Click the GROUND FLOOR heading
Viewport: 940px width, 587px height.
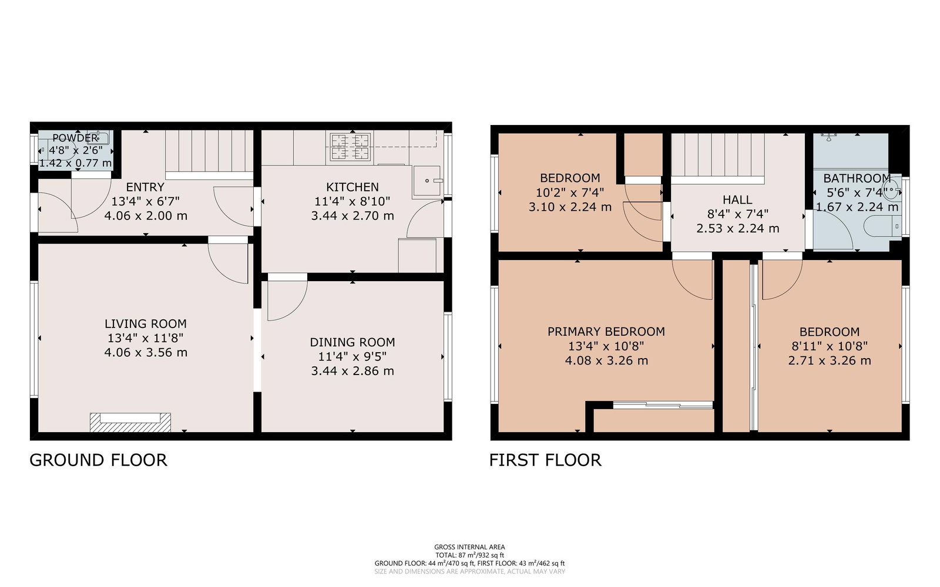[x=98, y=460]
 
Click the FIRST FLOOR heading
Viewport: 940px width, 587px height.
[x=545, y=460]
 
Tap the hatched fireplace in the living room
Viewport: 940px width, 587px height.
[x=130, y=422]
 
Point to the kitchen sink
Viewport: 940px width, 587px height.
[x=427, y=181]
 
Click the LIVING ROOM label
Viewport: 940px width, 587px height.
[x=146, y=323]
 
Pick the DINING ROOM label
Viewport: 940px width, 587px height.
[x=352, y=343]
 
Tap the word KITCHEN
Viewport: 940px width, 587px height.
[x=352, y=187]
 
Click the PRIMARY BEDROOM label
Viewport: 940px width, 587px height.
[x=606, y=332]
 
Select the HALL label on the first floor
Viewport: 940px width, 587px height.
[x=737, y=200]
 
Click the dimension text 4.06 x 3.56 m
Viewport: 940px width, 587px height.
[x=146, y=353]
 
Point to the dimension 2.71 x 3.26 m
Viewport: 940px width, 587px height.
[x=829, y=360]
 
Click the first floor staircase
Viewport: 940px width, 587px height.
[x=717, y=155]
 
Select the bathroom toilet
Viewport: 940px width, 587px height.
[x=882, y=227]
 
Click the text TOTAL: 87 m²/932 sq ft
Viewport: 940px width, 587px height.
[x=469, y=555]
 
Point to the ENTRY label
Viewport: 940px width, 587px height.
[x=145, y=187]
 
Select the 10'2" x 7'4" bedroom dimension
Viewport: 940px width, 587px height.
[x=570, y=193]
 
